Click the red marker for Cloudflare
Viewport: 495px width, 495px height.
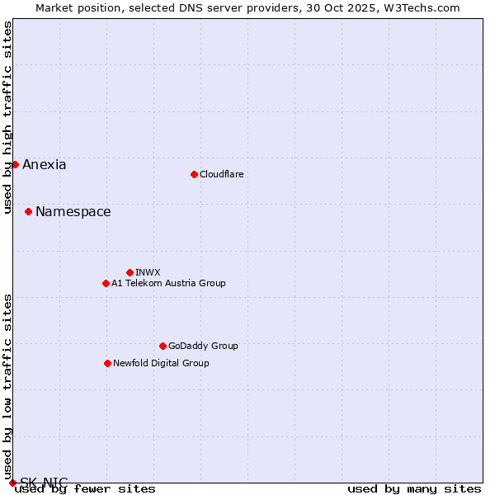tap(194, 174)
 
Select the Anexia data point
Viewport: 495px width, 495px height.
tap(15, 164)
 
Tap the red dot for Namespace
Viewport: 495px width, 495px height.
tap(28, 211)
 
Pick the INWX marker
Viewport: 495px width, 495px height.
tap(130, 272)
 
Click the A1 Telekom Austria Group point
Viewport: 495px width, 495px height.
tap(106, 283)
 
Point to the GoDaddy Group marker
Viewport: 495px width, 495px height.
tap(163, 346)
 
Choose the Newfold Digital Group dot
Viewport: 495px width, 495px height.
tap(107, 363)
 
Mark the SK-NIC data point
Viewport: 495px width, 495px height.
tap(12, 483)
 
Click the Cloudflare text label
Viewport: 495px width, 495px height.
tap(221, 174)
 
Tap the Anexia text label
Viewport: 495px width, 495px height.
tap(45, 164)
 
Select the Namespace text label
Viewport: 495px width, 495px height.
tap(73, 211)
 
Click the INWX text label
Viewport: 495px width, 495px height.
tap(148, 272)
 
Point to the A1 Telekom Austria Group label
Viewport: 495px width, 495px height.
tap(168, 283)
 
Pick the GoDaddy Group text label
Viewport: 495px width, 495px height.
tap(203, 346)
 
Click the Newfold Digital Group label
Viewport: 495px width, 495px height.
tap(161, 363)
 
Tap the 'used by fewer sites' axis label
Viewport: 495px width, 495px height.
tap(85, 488)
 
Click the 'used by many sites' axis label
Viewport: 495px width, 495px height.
tap(414, 488)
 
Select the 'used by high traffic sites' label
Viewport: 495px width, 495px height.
tap(7, 117)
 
